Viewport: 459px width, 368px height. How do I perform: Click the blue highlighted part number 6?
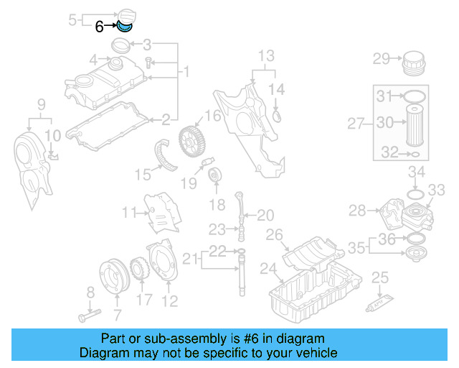126,28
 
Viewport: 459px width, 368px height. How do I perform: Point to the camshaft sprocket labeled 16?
189,137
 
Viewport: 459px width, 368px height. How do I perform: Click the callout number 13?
266,55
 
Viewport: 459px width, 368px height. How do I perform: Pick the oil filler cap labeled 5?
130,11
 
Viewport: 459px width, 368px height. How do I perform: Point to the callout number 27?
356,124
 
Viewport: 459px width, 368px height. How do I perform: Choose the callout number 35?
356,248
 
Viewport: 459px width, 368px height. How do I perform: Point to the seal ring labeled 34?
415,194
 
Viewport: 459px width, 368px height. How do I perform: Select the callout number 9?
41,104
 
